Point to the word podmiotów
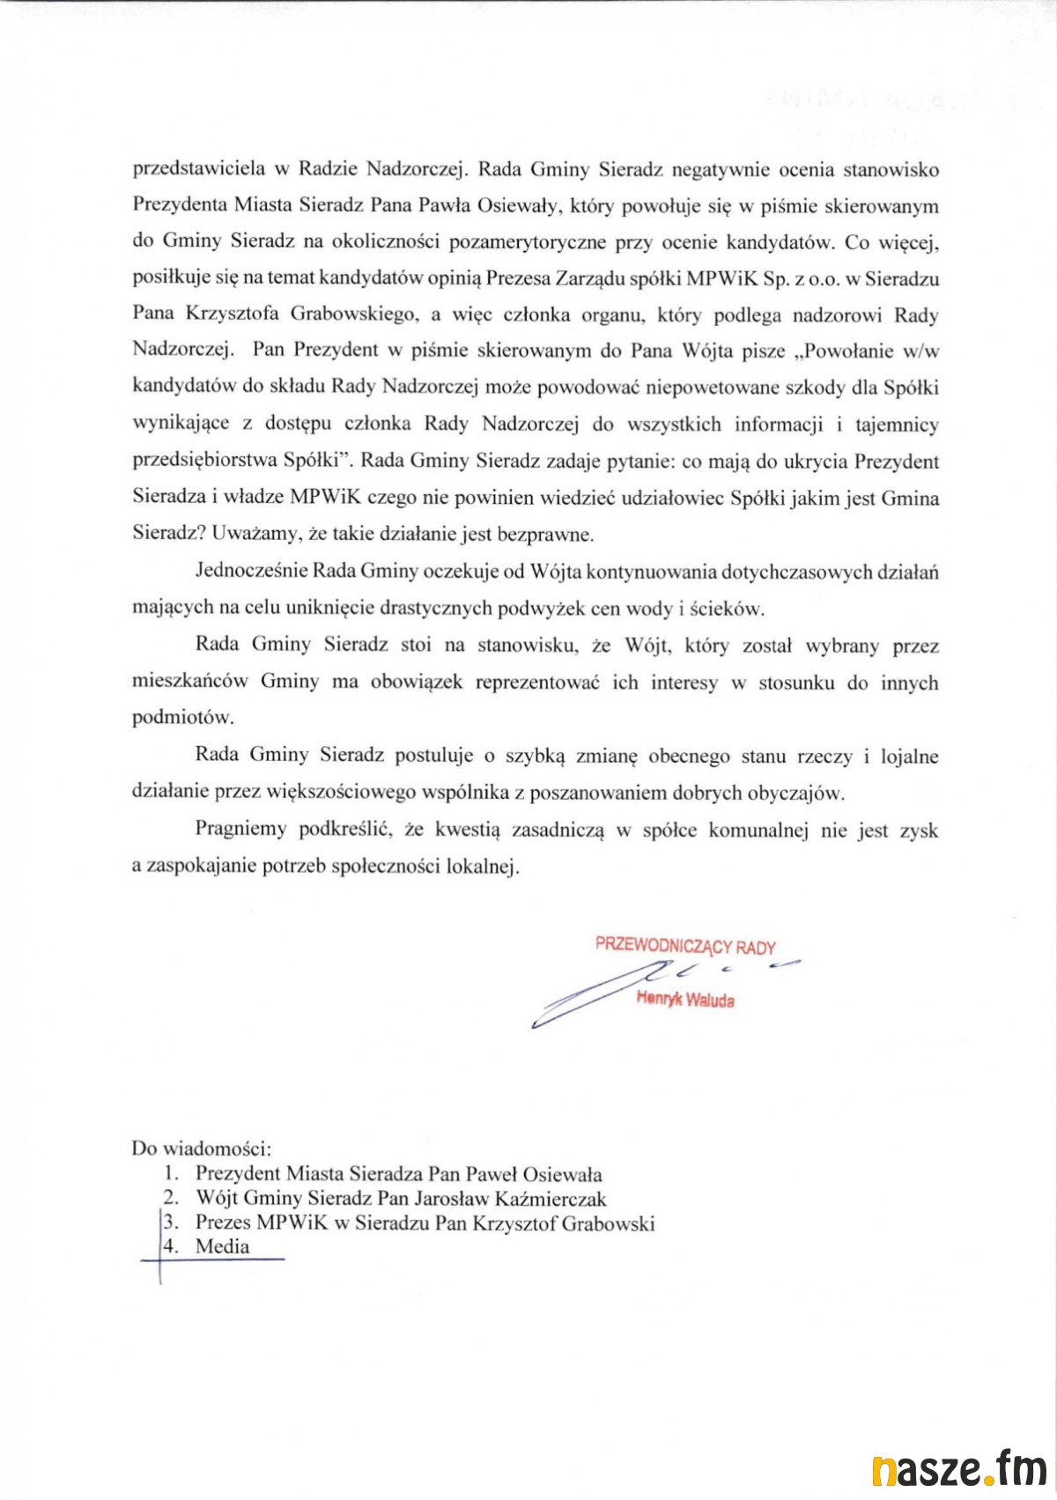[171, 718]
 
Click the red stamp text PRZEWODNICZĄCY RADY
[685, 947]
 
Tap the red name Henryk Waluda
[685, 1001]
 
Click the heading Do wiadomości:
[202, 1149]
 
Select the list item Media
[222, 1246]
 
